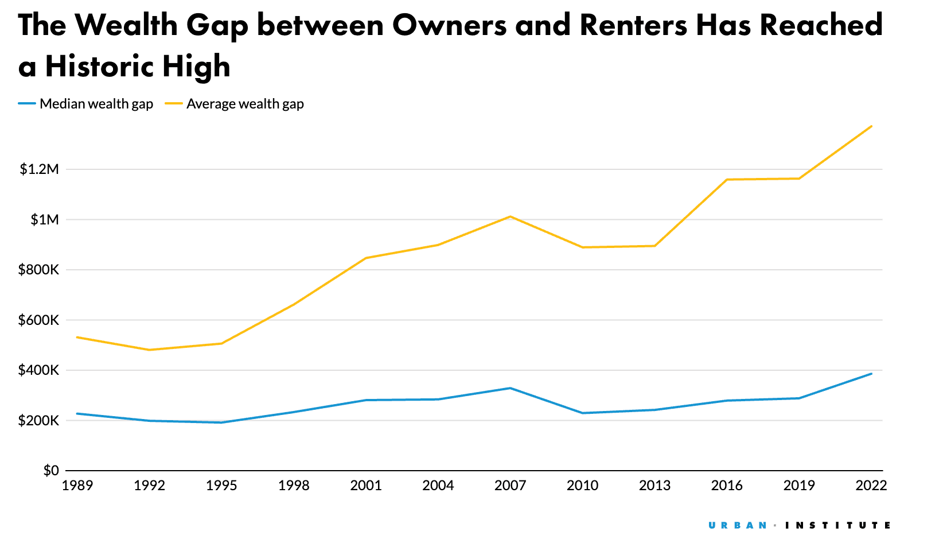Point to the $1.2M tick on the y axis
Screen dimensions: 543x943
tap(39, 169)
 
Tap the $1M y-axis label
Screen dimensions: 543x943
tap(44, 220)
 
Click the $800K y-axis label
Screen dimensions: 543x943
tap(38, 270)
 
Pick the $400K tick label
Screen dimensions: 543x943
tap(38, 370)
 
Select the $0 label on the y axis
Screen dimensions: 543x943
tap(51, 471)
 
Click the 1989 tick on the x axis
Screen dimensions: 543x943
tap(77, 486)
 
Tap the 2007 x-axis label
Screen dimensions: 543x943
tap(510, 486)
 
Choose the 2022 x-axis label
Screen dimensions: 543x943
tap(871, 486)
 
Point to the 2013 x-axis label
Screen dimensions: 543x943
tap(654, 486)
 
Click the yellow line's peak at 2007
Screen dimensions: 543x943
tap(510, 216)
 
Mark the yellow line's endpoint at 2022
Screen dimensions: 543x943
tap(871, 126)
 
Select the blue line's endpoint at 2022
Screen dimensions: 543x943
tap(871, 374)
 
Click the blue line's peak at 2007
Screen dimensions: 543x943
tap(510, 388)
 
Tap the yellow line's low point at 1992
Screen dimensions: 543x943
tap(149, 350)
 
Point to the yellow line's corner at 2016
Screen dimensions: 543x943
tap(727, 180)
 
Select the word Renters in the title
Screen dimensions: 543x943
tap(633, 26)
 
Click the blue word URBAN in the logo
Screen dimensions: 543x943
tap(738, 525)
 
